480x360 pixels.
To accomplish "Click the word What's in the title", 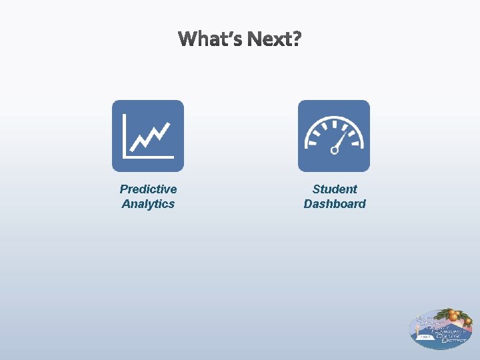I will click(x=209, y=39).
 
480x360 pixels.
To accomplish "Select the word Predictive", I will click(x=148, y=189).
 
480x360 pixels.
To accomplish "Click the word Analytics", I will click(x=148, y=204).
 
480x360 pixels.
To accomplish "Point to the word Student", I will click(x=335, y=189).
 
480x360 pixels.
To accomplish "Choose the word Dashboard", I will click(x=335, y=204).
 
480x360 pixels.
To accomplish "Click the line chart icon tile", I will click(x=147, y=136).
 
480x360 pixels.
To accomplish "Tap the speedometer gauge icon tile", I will click(x=333, y=136).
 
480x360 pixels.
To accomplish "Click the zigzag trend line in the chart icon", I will click(x=151, y=137).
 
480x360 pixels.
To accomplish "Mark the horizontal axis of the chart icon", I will click(x=148, y=157).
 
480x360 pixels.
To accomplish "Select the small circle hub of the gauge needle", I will click(x=335, y=150).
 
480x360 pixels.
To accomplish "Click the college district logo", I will click(x=441, y=329).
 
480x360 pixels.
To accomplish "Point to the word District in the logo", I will click(x=453, y=340).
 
